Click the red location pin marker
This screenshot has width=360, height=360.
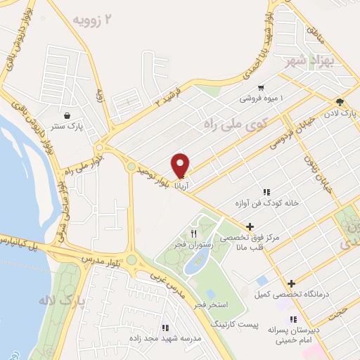[x=181, y=164]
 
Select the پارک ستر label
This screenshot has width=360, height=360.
[x=70, y=127]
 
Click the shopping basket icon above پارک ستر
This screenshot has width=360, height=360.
[x=66, y=116]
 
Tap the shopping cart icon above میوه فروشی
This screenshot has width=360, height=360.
[x=261, y=89]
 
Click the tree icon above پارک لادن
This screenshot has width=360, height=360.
[x=340, y=103]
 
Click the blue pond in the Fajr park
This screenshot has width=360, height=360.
[x=193, y=263]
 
